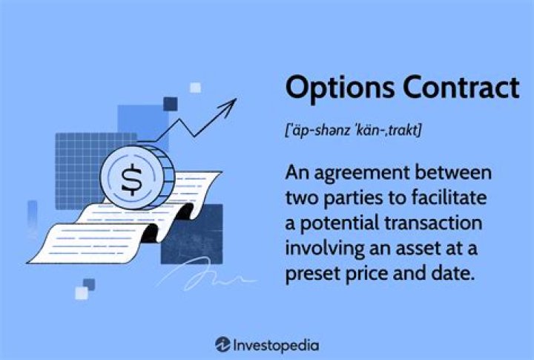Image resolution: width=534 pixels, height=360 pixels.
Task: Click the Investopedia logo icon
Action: click(x=222, y=344)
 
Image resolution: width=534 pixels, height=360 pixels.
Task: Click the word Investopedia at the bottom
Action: click(x=276, y=344)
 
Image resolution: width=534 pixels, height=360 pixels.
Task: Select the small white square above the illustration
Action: click(x=195, y=88)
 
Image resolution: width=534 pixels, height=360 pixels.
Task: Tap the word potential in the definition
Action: click(x=334, y=223)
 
